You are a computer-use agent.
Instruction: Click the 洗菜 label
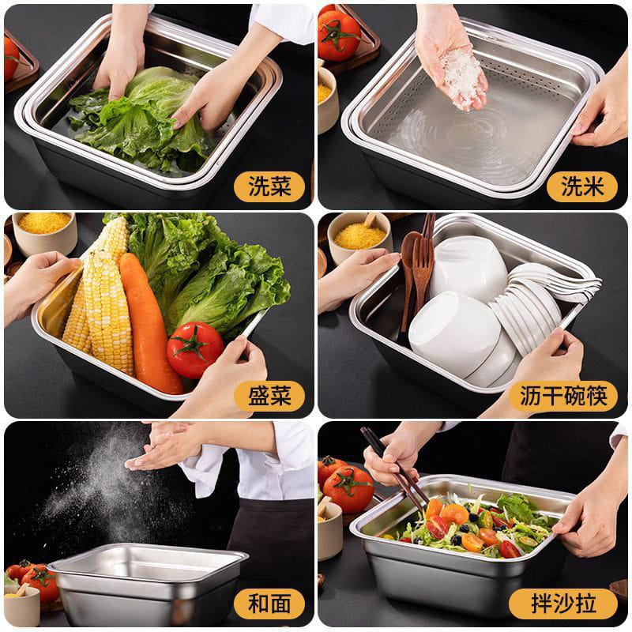[x=269, y=186]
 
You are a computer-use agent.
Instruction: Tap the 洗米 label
[x=582, y=186]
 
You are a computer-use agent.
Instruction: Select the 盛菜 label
[x=269, y=396]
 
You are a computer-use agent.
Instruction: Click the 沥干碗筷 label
[x=563, y=396]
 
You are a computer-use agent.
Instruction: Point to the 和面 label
[x=269, y=604]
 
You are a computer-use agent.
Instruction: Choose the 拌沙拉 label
[x=563, y=604]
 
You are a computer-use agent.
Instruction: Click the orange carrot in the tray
[x=149, y=322]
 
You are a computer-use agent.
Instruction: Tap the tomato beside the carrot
[x=195, y=350]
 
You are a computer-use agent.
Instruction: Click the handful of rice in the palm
[x=461, y=78]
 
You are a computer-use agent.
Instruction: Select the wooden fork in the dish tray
[x=422, y=274]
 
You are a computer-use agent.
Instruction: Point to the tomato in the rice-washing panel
[x=340, y=36]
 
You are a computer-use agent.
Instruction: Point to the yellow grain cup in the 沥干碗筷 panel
[x=359, y=235]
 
